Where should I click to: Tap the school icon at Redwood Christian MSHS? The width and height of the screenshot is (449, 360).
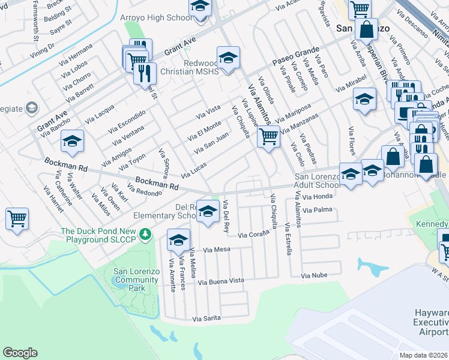point(228,58)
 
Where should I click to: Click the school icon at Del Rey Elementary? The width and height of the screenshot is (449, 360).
point(208,212)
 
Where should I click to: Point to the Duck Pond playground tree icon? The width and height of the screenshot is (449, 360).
point(144,232)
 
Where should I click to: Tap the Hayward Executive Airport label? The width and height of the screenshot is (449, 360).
point(431,323)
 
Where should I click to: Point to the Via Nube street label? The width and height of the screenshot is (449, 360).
point(314,275)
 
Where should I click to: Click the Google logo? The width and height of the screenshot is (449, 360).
point(20,353)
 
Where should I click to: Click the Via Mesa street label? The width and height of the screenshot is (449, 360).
point(217,250)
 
